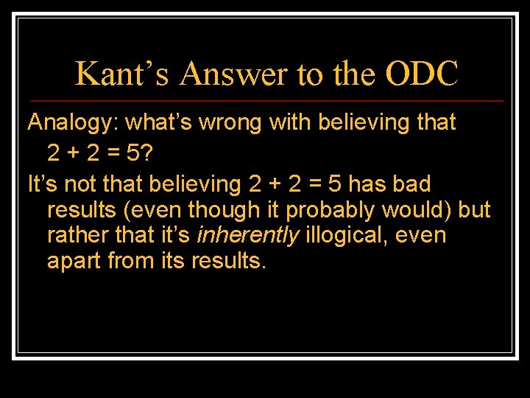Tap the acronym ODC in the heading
(x=421, y=73)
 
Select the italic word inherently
(x=249, y=236)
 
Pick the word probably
(x=331, y=210)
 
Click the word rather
(x=73, y=236)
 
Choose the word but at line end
(x=474, y=210)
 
